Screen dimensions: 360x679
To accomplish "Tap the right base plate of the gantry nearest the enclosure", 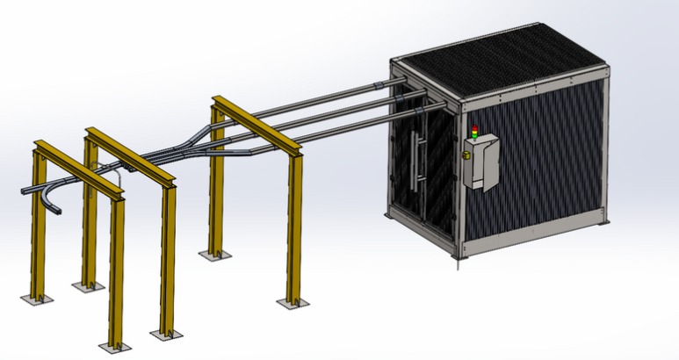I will pos(292,303).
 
